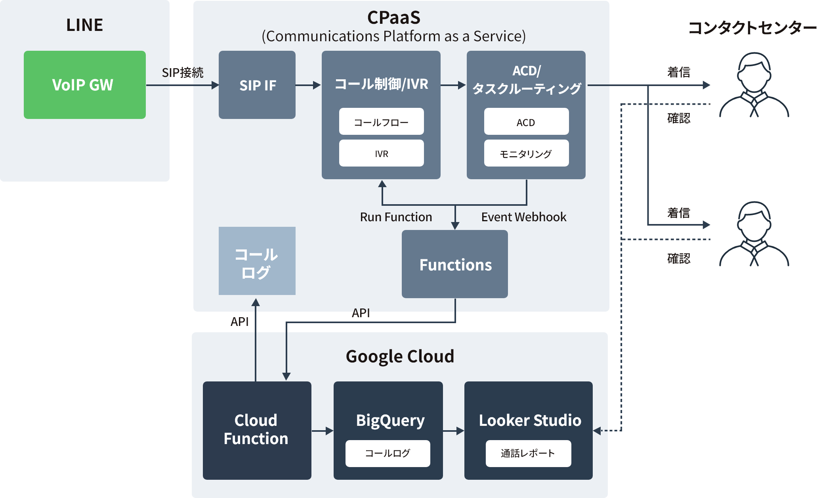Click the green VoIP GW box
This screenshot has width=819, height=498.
point(84,85)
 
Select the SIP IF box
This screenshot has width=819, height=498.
point(257,85)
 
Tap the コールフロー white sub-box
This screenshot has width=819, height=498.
point(381,122)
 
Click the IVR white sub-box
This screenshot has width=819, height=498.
point(381,153)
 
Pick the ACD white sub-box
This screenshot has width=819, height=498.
point(526,122)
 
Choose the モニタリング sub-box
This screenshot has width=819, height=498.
point(526,153)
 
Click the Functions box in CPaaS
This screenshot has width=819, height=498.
point(455,264)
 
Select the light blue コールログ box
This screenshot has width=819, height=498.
point(257,261)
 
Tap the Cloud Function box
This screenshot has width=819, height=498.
point(257,430)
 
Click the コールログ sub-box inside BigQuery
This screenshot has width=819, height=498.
point(388,453)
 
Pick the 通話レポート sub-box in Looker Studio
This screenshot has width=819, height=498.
point(528,453)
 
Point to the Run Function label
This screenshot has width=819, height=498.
point(396,217)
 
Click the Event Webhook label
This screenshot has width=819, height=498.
point(523,217)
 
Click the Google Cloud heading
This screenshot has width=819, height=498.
point(400,356)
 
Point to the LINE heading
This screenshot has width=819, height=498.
point(84,25)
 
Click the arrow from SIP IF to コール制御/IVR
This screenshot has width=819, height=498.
point(308,85)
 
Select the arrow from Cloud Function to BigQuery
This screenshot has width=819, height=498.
point(323,431)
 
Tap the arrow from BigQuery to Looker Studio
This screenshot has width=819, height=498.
point(453,431)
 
